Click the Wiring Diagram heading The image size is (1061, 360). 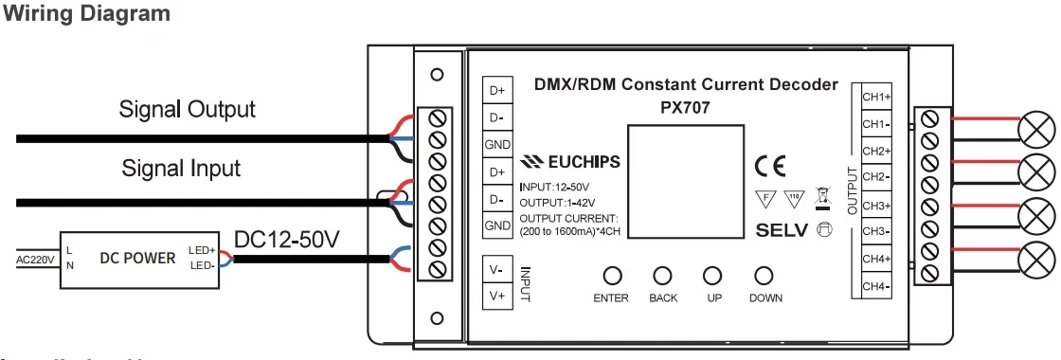tap(88, 14)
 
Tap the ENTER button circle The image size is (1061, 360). tap(611, 276)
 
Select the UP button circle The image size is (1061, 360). tap(711, 276)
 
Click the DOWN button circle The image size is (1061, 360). tap(764, 276)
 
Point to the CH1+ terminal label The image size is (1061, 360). tap(875, 97)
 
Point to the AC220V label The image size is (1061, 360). tap(35, 258)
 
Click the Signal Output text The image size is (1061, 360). tap(187, 109)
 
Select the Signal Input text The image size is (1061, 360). tap(181, 169)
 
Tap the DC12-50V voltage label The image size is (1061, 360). tap(286, 241)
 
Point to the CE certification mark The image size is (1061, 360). tap(769, 166)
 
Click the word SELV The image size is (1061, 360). tap(782, 229)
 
